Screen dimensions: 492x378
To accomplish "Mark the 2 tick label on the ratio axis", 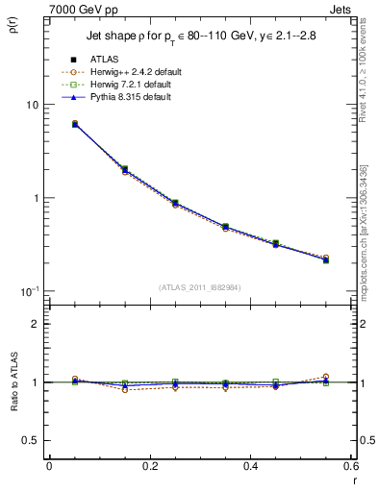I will (x=36, y=324).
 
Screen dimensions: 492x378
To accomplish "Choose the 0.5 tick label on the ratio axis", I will (x=32, y=440).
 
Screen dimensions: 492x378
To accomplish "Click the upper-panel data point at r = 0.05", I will (x=75, y=124).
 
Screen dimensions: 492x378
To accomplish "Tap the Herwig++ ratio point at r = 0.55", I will (x=326, y=377).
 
